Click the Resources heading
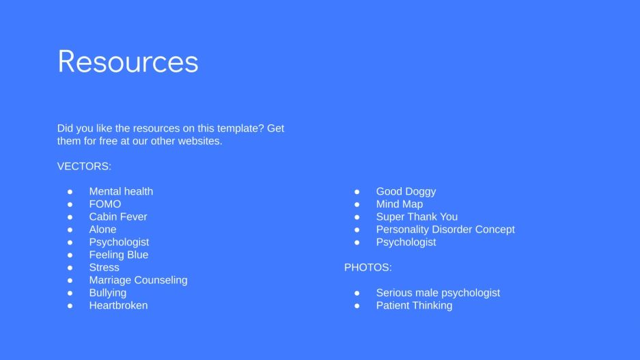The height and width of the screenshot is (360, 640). [x=128, y=61]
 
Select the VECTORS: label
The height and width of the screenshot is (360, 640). [x=84, y=166]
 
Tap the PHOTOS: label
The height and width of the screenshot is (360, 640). [x=367, y=267]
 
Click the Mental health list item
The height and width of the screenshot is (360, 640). [x=121, y=191]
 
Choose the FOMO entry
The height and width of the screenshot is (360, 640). [x=105, y=204]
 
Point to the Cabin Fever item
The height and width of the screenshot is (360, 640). [x=117, y=217]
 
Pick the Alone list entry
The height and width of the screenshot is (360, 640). [x=102, y=230]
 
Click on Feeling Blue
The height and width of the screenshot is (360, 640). [x=118, y=255]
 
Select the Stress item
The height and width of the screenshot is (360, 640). [x=104, y=267]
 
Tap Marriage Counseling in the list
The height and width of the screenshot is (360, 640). [x=138, y=280]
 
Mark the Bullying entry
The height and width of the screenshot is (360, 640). [x=107, y=292]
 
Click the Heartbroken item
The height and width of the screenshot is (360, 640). [x=118, y=305]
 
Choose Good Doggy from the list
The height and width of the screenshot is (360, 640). [x=406, y=191]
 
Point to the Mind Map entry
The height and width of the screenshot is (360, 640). [x=399, y=204]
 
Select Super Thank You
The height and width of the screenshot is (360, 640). [x=417, y=217]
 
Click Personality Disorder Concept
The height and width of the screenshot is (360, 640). [x=445, y=230]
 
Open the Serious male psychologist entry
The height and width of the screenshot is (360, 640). [x=438, y=292]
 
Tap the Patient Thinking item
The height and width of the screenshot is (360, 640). [x=414, y=305]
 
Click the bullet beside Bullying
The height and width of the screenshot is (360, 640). [x=70, y=293]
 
